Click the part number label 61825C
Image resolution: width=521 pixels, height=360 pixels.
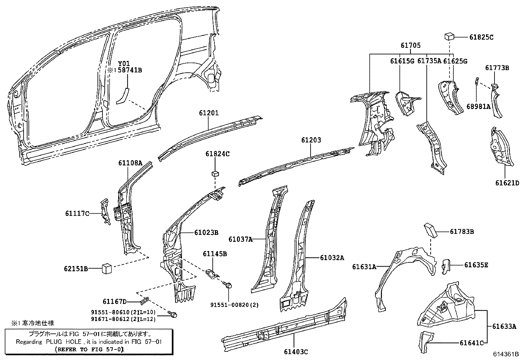481,37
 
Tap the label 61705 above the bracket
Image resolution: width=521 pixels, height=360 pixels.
411,46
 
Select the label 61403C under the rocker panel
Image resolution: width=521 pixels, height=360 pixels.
296,352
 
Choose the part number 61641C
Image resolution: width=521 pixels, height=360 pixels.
471,343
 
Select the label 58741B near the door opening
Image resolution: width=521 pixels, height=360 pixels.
130,70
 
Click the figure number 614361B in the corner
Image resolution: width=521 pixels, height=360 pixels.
506,354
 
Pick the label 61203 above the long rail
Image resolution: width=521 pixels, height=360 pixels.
311,140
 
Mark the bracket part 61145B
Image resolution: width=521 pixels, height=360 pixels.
213,274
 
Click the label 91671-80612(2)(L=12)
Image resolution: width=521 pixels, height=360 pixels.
123,319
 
